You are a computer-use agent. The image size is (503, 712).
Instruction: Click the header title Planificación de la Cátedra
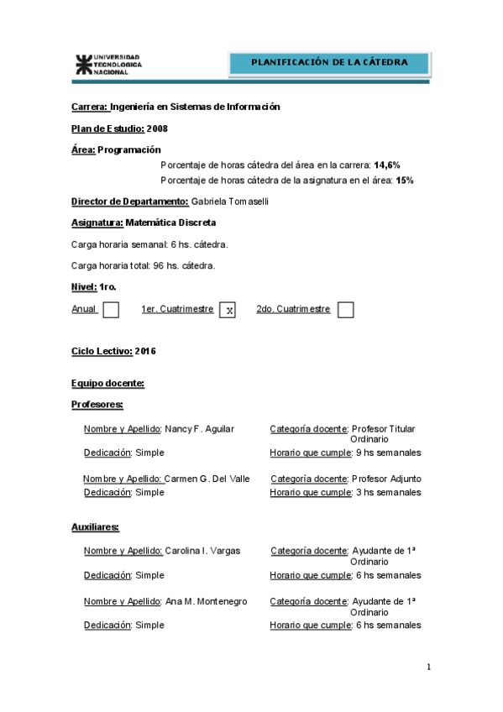[329, 62]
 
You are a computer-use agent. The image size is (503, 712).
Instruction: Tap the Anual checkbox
[111, 310]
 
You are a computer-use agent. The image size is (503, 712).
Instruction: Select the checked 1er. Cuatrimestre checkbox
[228, 310]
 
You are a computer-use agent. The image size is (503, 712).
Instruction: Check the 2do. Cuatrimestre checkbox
[345, 310]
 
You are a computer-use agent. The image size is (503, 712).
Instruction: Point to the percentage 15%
[405, 180]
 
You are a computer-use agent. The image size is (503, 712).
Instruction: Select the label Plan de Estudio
[108, 128]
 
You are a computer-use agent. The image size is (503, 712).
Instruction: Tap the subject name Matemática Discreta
[170, 222]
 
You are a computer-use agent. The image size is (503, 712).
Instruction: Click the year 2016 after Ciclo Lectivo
[145, 351]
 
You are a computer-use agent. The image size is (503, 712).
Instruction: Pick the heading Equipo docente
[108, 384]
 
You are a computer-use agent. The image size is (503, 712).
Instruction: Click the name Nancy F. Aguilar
[200, 429]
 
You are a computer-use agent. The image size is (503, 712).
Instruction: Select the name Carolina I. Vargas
[203, 551]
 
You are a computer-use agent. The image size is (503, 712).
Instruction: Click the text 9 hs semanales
[389, 453]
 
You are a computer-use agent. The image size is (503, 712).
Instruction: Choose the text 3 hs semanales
[389, 493]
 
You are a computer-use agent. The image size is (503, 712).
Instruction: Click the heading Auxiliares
[95, 527]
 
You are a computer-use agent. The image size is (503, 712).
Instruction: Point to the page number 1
[428, 667]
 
